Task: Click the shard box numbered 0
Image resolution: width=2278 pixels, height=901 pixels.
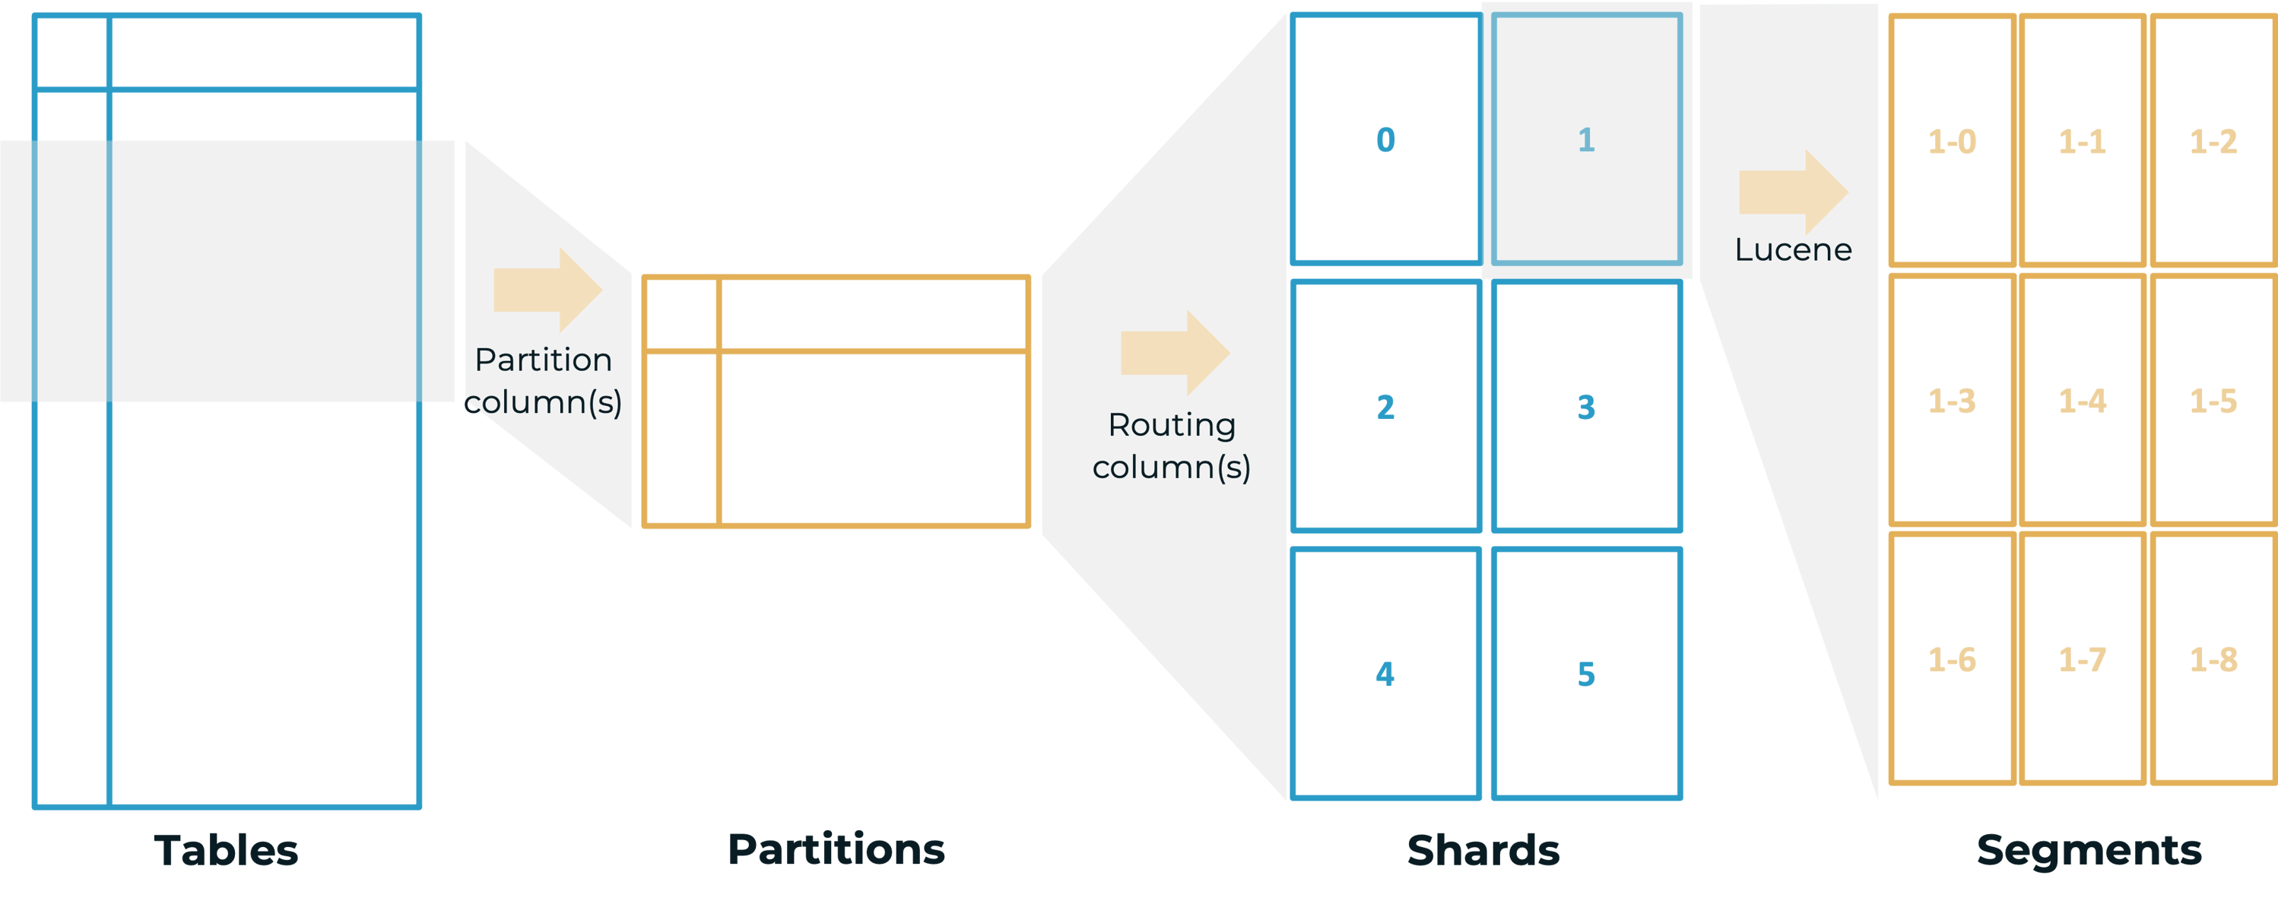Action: [1385, 140]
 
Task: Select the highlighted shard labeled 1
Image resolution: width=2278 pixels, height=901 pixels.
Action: [1586, 140]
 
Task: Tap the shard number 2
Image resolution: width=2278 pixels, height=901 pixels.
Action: [1385, 407]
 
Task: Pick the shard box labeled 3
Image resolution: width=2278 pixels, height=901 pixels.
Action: [1586, 407]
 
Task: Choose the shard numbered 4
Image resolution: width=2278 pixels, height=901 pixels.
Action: [1385, 674]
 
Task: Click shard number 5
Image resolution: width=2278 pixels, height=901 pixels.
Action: [1586, 674]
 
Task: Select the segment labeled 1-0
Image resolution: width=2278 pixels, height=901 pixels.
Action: [1952, 141]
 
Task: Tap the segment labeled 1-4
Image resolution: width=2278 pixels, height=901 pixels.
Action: [2083, 401]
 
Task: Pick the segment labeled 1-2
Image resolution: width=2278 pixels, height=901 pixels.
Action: [2213, 141]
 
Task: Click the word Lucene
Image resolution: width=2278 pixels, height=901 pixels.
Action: [1792, 250]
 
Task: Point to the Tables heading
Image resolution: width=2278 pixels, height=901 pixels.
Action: [227, 851]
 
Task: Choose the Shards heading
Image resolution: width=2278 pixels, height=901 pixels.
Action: [1483, 851]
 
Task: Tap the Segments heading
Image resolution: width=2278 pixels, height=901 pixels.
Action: [2089, 851]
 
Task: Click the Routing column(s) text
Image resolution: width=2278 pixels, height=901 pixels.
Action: [1172, 446]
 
